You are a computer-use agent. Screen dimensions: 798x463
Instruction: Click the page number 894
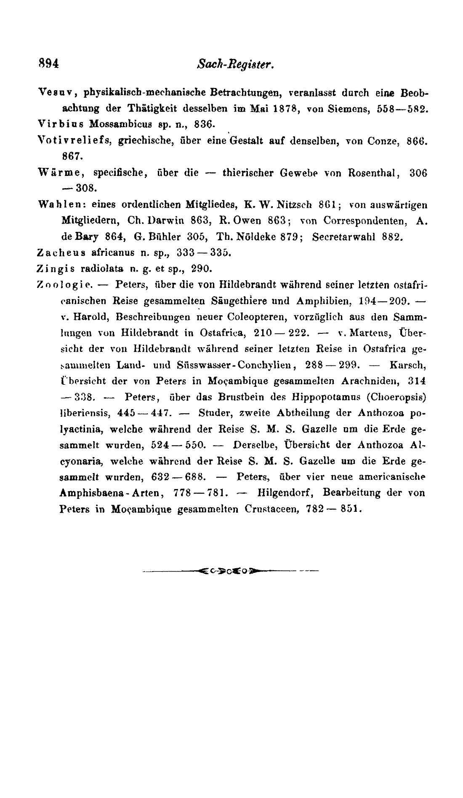tap(48, 64)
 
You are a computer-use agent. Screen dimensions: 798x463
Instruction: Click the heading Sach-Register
tap(235, 64)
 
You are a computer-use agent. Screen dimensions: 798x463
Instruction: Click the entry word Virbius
tap(61, 124)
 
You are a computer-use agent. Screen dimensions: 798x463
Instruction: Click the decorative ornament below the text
tap(231, 571)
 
